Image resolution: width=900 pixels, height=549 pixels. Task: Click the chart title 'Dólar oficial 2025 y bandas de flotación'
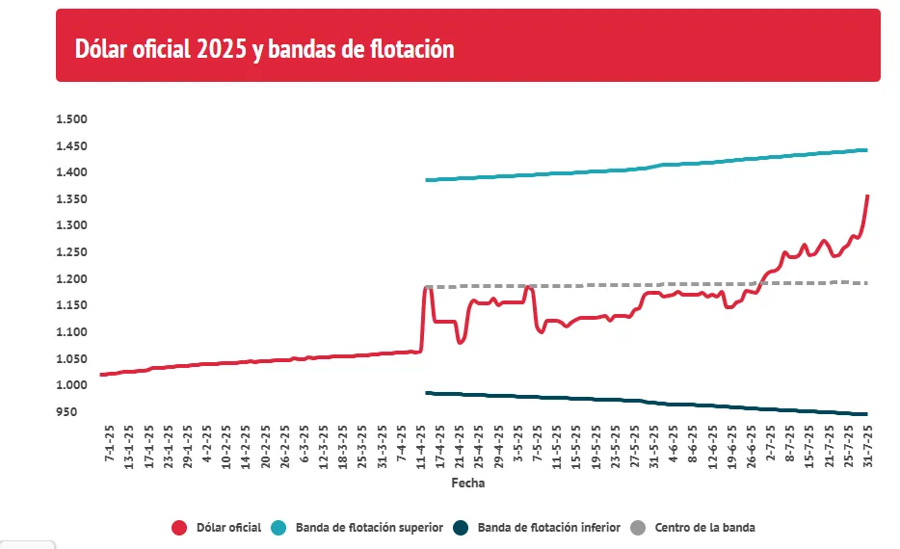click(x=265, y=49)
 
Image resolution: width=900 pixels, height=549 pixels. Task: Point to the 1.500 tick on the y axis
click(x=71, y=119)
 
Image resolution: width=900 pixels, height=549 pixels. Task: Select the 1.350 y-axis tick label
click(x=71, y=199)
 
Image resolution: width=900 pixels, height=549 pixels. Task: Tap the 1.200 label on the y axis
click(x=71, y=279)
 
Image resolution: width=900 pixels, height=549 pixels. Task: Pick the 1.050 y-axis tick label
click(x=71, y=359)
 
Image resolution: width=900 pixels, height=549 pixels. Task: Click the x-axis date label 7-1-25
click(x=109, y=444)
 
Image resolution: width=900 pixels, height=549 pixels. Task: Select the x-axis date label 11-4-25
click(x=421, y=446)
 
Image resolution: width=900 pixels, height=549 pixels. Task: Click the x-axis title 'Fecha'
click(x=468, y=484)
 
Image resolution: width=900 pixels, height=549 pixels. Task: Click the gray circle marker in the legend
click(x=638, y=528)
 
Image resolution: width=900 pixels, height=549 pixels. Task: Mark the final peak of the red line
click(x=867, y=196)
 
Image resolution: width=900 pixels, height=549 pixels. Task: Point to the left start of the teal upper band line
click(x=426, y=180)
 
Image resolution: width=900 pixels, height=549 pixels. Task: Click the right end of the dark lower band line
click(x=866, y=414)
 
